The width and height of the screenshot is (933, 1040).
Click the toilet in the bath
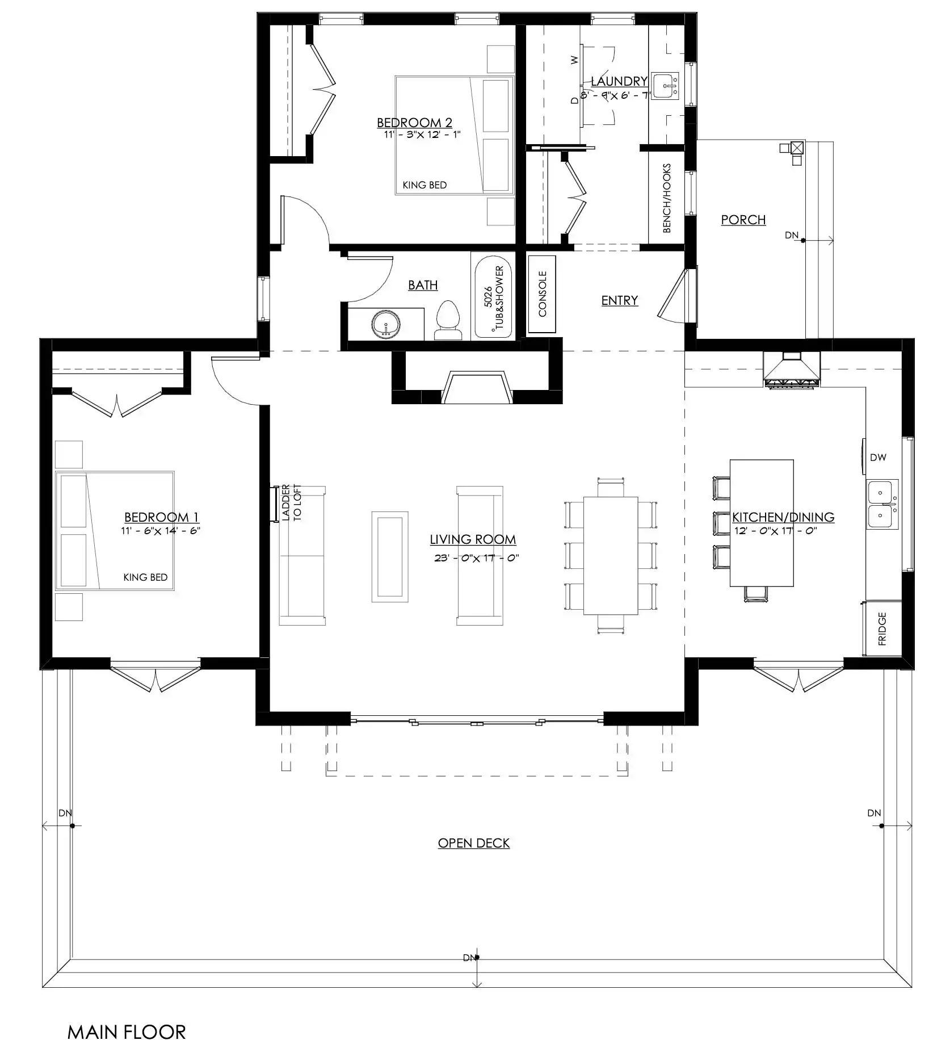[447, 321]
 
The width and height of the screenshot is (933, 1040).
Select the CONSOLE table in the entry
[542, 294]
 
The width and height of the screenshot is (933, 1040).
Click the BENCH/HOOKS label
[667, 198]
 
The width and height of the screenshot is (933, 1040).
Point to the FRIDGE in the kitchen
[882, 628]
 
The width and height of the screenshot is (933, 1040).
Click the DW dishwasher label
[877, 457]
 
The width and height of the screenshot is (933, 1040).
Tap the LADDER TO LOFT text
[292, 503]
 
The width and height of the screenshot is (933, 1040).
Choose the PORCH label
[743, 220]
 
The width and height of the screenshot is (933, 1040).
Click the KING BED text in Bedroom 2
[425, 185]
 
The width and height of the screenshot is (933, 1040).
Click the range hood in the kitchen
[792, 370]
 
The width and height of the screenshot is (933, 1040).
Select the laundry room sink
[665, 86]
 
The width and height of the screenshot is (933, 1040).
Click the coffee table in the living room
[390, 556]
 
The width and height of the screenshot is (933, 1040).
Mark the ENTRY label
[620, 300]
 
